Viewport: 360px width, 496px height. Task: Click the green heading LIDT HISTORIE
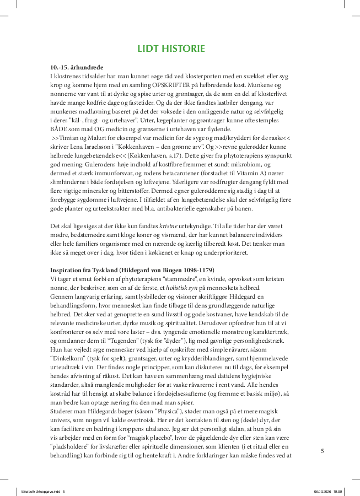[171, 49]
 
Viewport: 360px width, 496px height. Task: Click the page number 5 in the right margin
[323, 450]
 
